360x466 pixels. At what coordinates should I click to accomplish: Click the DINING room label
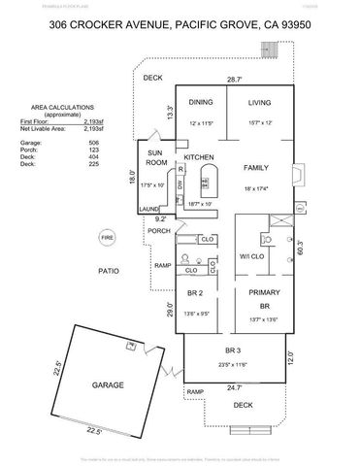[201, 102]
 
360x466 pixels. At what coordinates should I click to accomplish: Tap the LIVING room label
[259, 101]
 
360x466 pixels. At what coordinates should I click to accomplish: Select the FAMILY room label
[256, 167]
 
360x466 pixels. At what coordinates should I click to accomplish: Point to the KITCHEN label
[198, 156]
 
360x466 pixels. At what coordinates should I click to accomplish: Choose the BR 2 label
[195, 292]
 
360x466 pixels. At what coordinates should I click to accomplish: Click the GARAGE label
[109, 385]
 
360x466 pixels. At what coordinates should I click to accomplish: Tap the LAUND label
[148, 208]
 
